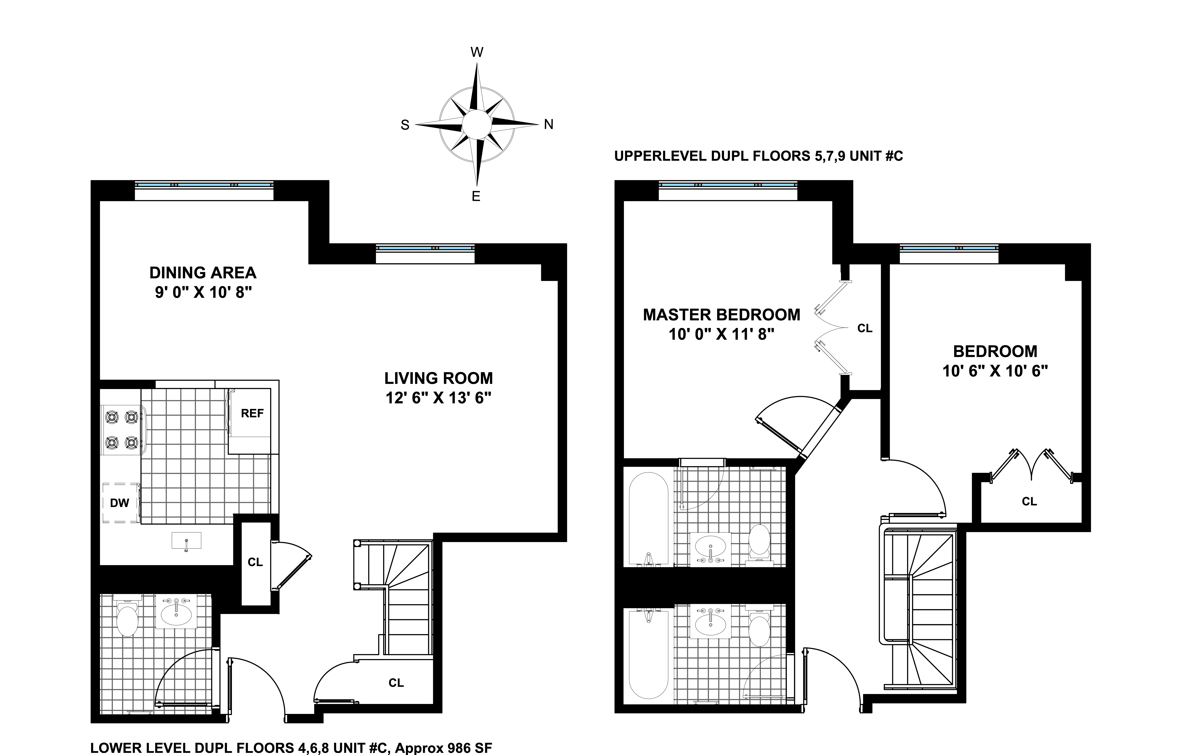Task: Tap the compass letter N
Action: point(548,125)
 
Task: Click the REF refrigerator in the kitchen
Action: point(252,414)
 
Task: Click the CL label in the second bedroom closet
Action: point(1029,501)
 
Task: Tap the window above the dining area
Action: point(204,185)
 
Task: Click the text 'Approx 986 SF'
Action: point(443,748)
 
